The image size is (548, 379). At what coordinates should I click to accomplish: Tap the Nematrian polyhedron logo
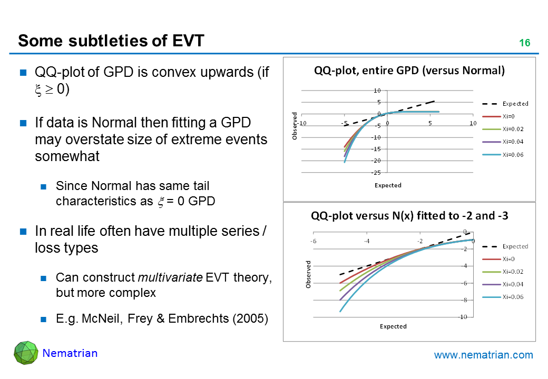coord(26,354)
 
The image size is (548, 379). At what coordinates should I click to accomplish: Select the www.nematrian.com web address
coord(483,355)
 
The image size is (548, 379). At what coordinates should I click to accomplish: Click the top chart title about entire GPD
coord(409,71)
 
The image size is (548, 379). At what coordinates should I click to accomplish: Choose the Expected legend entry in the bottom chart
coord(515,246)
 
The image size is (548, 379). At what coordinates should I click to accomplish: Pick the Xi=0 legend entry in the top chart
coord(509,116)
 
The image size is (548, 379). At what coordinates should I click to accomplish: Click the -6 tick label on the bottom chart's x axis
coord(313,241)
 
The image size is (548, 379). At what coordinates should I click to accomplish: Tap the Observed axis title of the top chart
coord(295,126)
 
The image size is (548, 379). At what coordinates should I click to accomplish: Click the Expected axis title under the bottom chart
coord(393,326)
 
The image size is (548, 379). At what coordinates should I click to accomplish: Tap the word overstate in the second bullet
coord(79,140)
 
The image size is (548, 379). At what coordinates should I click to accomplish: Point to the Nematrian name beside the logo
coord(70,353)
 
